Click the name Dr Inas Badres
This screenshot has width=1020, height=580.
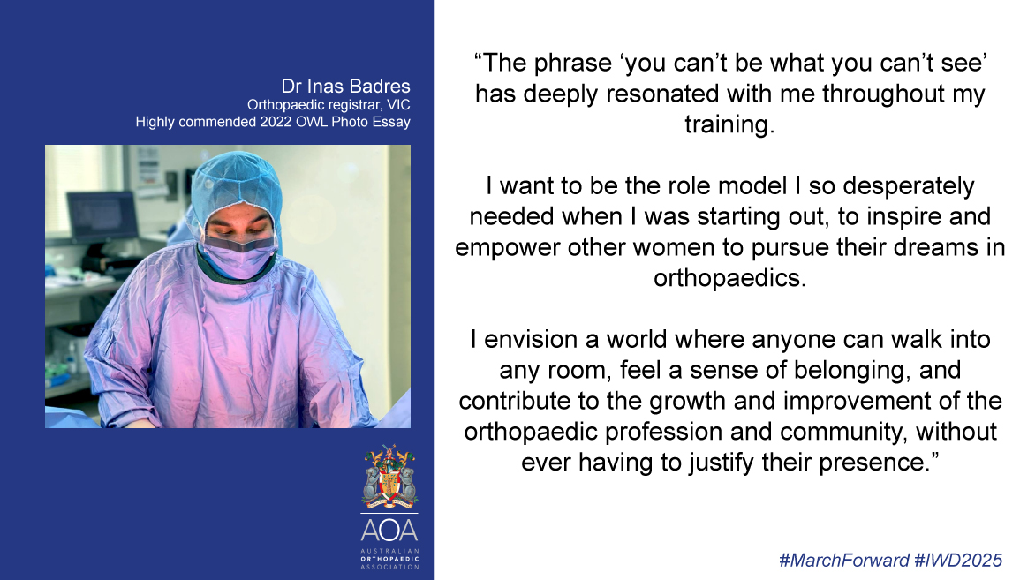point(345,86)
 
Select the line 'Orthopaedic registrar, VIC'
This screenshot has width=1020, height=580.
point(329,105)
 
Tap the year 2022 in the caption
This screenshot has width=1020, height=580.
point(276,122)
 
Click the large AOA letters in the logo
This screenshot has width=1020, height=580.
point(389,531)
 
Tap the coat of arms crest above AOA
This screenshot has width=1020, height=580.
point(389,477)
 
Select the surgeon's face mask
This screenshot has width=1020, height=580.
point(238,254)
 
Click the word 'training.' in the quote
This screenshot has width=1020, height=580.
point(729,124)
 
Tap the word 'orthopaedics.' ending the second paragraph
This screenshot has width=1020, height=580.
point(729,278)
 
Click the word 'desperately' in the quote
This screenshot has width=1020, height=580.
point(908,186)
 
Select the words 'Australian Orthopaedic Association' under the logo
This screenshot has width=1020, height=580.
point(389,559)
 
